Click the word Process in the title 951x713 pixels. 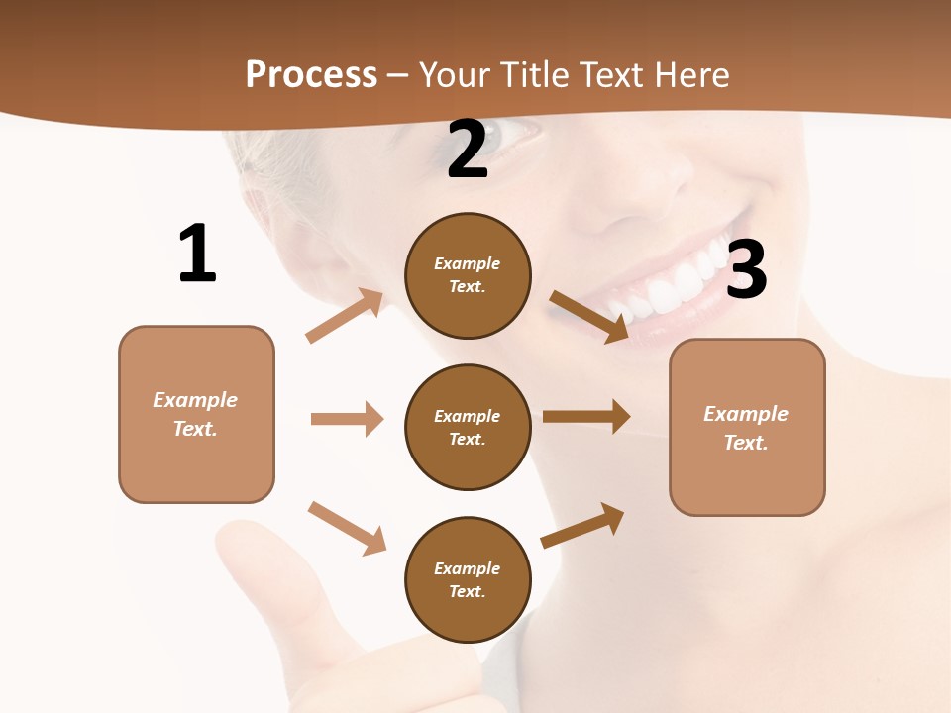coord(311,74)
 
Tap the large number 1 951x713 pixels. coord(197,254)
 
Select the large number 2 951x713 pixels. coord(468,151)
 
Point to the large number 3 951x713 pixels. coord(746,269)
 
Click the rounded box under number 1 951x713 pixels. coord(196,414)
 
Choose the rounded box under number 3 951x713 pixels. coord(747,427)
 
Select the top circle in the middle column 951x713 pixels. coord(468,275)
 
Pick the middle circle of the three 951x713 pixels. coord(468,427)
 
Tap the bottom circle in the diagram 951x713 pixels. coord(468,579)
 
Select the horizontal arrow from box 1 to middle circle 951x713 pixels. coord(347,419)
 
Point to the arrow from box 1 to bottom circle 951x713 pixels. coord(347,528)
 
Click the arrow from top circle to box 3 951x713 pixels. coord(589,317)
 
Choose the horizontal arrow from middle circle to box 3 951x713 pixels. coord(586,417)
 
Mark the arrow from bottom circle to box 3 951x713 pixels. coord(582,526)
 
